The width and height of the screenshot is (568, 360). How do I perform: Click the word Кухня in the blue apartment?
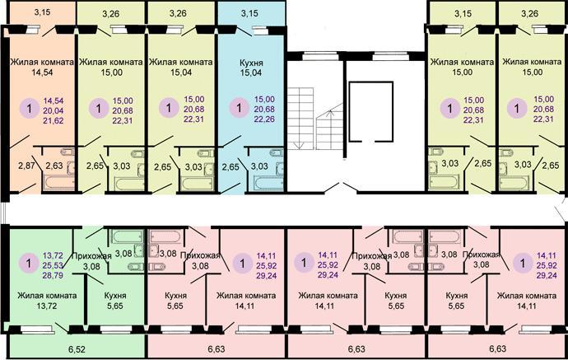point(251,63)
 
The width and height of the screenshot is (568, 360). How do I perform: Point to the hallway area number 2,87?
point(26,166)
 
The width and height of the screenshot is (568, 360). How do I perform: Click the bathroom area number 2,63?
point(54,166)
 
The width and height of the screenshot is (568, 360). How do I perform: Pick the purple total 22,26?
point(264,119)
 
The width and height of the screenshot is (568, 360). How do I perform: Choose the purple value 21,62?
point(54,120)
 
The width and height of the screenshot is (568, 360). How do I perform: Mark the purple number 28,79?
point(53,275)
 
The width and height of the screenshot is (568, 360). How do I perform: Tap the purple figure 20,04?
point(54,110)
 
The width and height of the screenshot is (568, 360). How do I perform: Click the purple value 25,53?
point(53,265)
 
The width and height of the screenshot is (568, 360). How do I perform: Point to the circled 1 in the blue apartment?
point(239,108)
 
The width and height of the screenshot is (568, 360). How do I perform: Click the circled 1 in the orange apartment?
point(30,108)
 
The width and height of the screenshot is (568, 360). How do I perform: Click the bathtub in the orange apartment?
point(58,182)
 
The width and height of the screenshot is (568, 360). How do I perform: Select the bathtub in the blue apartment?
point(268,182)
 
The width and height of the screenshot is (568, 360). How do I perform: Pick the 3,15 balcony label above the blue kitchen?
point(249,13)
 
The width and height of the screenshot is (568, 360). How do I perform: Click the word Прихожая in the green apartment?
point(91,256)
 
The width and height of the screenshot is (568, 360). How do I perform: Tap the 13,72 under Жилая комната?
point(47,306)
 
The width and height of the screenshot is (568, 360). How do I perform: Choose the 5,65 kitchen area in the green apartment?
point(114,306)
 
